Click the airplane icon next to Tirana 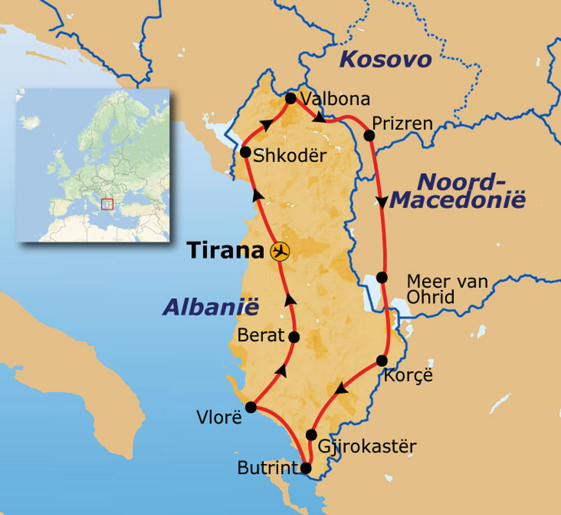(x=280, y=251)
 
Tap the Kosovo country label (x=385, y=59)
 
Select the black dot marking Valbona (x=291, y=99)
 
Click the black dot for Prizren (x=369, y=135)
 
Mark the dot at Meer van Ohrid (x=382, y=277)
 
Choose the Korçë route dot (x=382, y=360)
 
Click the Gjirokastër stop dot (x=311, y=435)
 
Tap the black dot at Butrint (x=306, y=468)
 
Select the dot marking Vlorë (x=251, y=407)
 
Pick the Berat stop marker (x=294, y=337)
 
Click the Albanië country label (x=210, y=307)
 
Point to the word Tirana (x=226, y=250)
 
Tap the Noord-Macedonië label (x=458, y=191)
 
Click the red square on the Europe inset (x=107, y=204)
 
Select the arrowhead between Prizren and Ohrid (x=381, y=201)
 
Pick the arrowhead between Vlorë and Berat (x=281, y=370)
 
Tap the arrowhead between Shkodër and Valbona (x=266, y=125)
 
